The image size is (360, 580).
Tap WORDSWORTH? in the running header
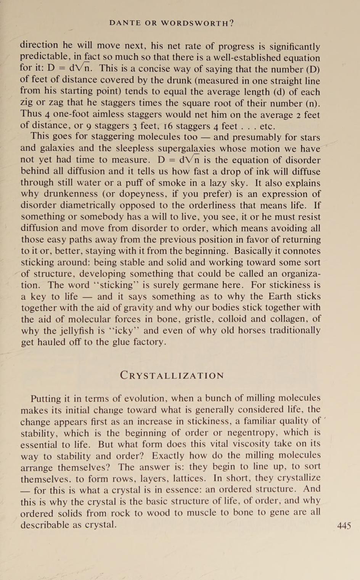point(198,23)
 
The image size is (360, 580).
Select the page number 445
point(344,526)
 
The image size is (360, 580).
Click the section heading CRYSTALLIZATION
point(172,375)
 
